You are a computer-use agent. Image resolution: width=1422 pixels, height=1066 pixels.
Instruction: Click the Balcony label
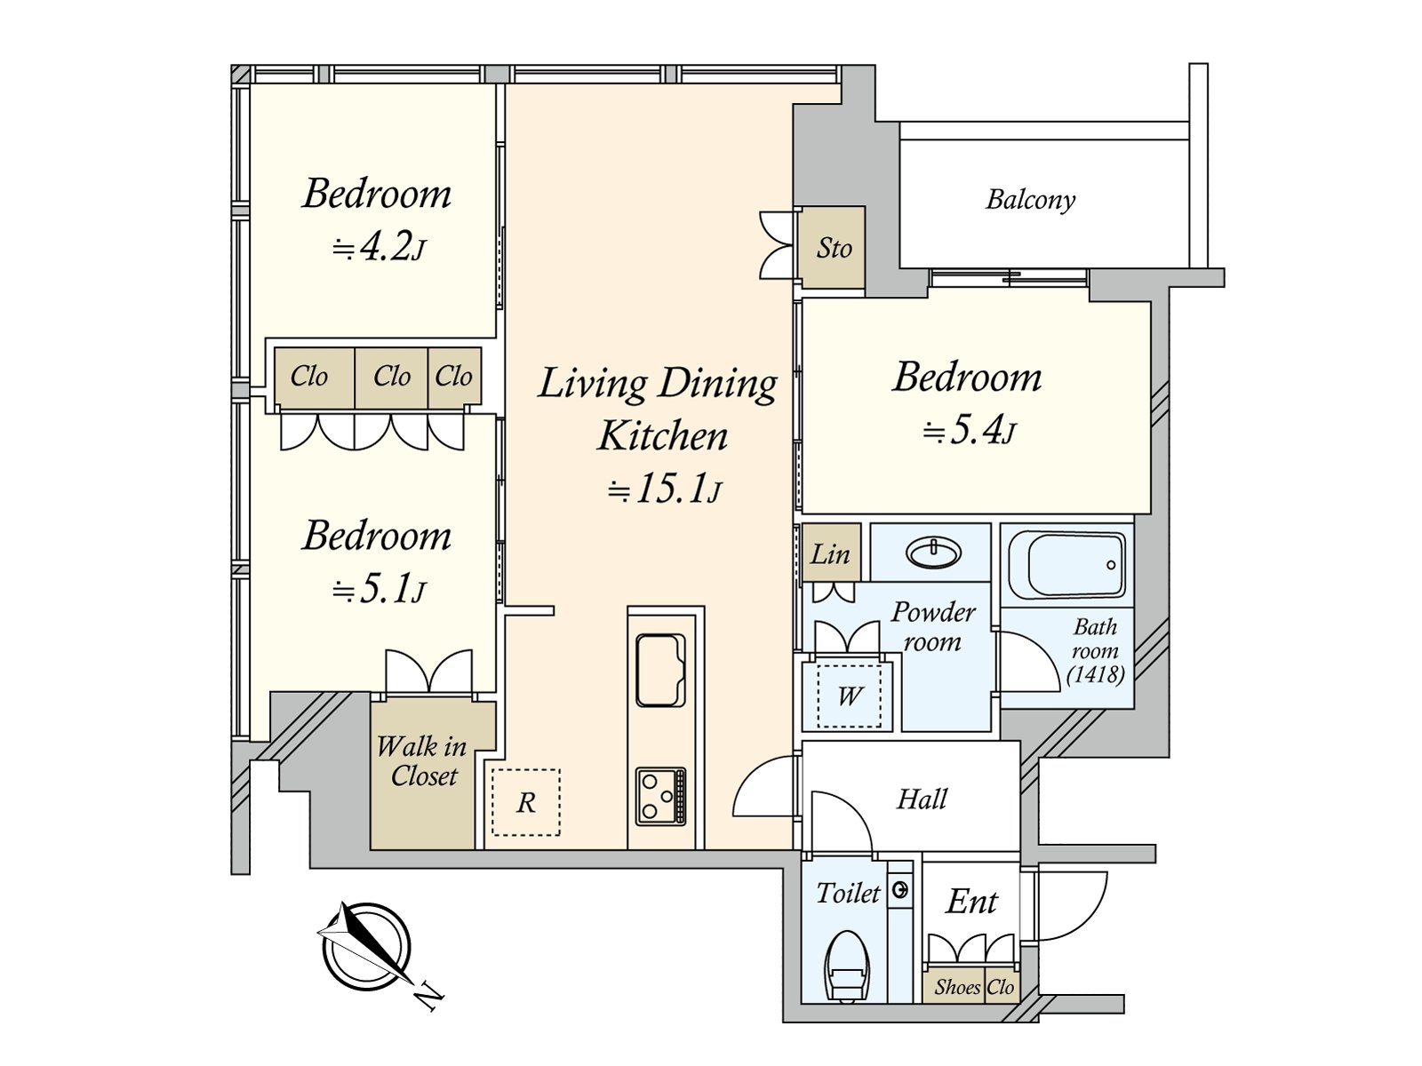1031,199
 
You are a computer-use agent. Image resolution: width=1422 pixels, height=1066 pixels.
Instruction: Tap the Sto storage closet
833,247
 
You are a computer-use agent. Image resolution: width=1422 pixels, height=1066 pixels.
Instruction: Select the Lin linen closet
831,553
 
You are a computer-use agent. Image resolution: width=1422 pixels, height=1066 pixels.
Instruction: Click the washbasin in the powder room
933,553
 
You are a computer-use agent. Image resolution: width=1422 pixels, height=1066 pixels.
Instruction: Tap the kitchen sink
661,670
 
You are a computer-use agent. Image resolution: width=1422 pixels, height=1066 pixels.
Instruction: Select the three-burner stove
661,796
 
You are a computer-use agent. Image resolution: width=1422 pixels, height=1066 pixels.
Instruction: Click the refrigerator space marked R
525,802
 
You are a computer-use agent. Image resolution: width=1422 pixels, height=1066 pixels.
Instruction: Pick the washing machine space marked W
849,696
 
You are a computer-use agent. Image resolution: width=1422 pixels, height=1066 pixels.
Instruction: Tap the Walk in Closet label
422,761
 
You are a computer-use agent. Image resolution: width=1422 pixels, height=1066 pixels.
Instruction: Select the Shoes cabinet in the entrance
957,986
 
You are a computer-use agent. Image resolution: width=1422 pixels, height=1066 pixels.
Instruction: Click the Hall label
922,799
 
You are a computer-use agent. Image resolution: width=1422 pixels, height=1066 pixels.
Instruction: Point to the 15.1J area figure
665,490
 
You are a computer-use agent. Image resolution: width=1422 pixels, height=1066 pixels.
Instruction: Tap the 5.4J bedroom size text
969,431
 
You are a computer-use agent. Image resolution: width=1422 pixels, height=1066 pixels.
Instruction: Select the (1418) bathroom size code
1096,675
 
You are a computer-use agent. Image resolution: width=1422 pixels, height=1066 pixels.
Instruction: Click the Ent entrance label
971,901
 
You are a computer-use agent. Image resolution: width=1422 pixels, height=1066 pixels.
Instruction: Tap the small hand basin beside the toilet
899,890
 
